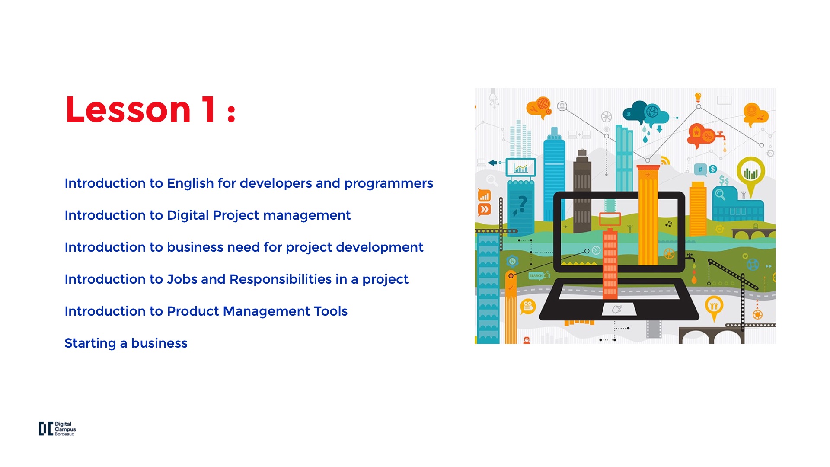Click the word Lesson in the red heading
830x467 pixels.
coord(128,110)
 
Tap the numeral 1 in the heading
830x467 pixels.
coord(209,109)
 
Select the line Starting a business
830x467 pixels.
coord(126,343)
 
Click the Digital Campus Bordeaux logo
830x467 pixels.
coord(57,429)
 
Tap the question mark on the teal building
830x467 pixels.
coord(523,203)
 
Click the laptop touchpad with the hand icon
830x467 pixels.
coord(618,309)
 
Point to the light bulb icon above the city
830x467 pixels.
coord(698,97)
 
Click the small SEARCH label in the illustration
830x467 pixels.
coord(536,275)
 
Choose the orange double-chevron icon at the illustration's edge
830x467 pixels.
coord(484,210)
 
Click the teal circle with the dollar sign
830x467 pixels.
coord(712,169)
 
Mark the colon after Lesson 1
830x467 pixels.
coord(231,112)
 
